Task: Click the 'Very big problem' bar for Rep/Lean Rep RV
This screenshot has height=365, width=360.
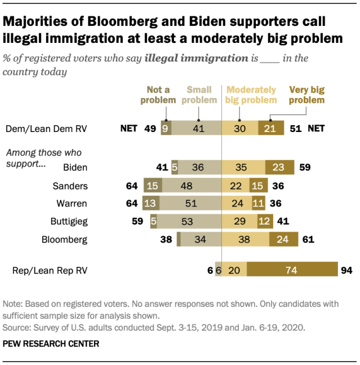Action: click(291, 270)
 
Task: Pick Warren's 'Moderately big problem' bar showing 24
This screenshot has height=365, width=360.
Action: click(238, 203)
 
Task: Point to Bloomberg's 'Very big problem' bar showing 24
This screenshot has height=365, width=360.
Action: click(283, 239)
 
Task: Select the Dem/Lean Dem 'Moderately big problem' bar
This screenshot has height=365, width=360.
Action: click(241, 128)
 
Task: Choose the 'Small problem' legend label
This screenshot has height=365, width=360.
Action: click(200, 95)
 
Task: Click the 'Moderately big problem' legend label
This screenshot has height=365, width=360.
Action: click(251, 95)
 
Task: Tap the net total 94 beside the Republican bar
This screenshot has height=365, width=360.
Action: click(345, 270)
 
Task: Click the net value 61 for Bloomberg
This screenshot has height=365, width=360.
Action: click(307, 239)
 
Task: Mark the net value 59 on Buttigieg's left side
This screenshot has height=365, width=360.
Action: click(137, 221)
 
